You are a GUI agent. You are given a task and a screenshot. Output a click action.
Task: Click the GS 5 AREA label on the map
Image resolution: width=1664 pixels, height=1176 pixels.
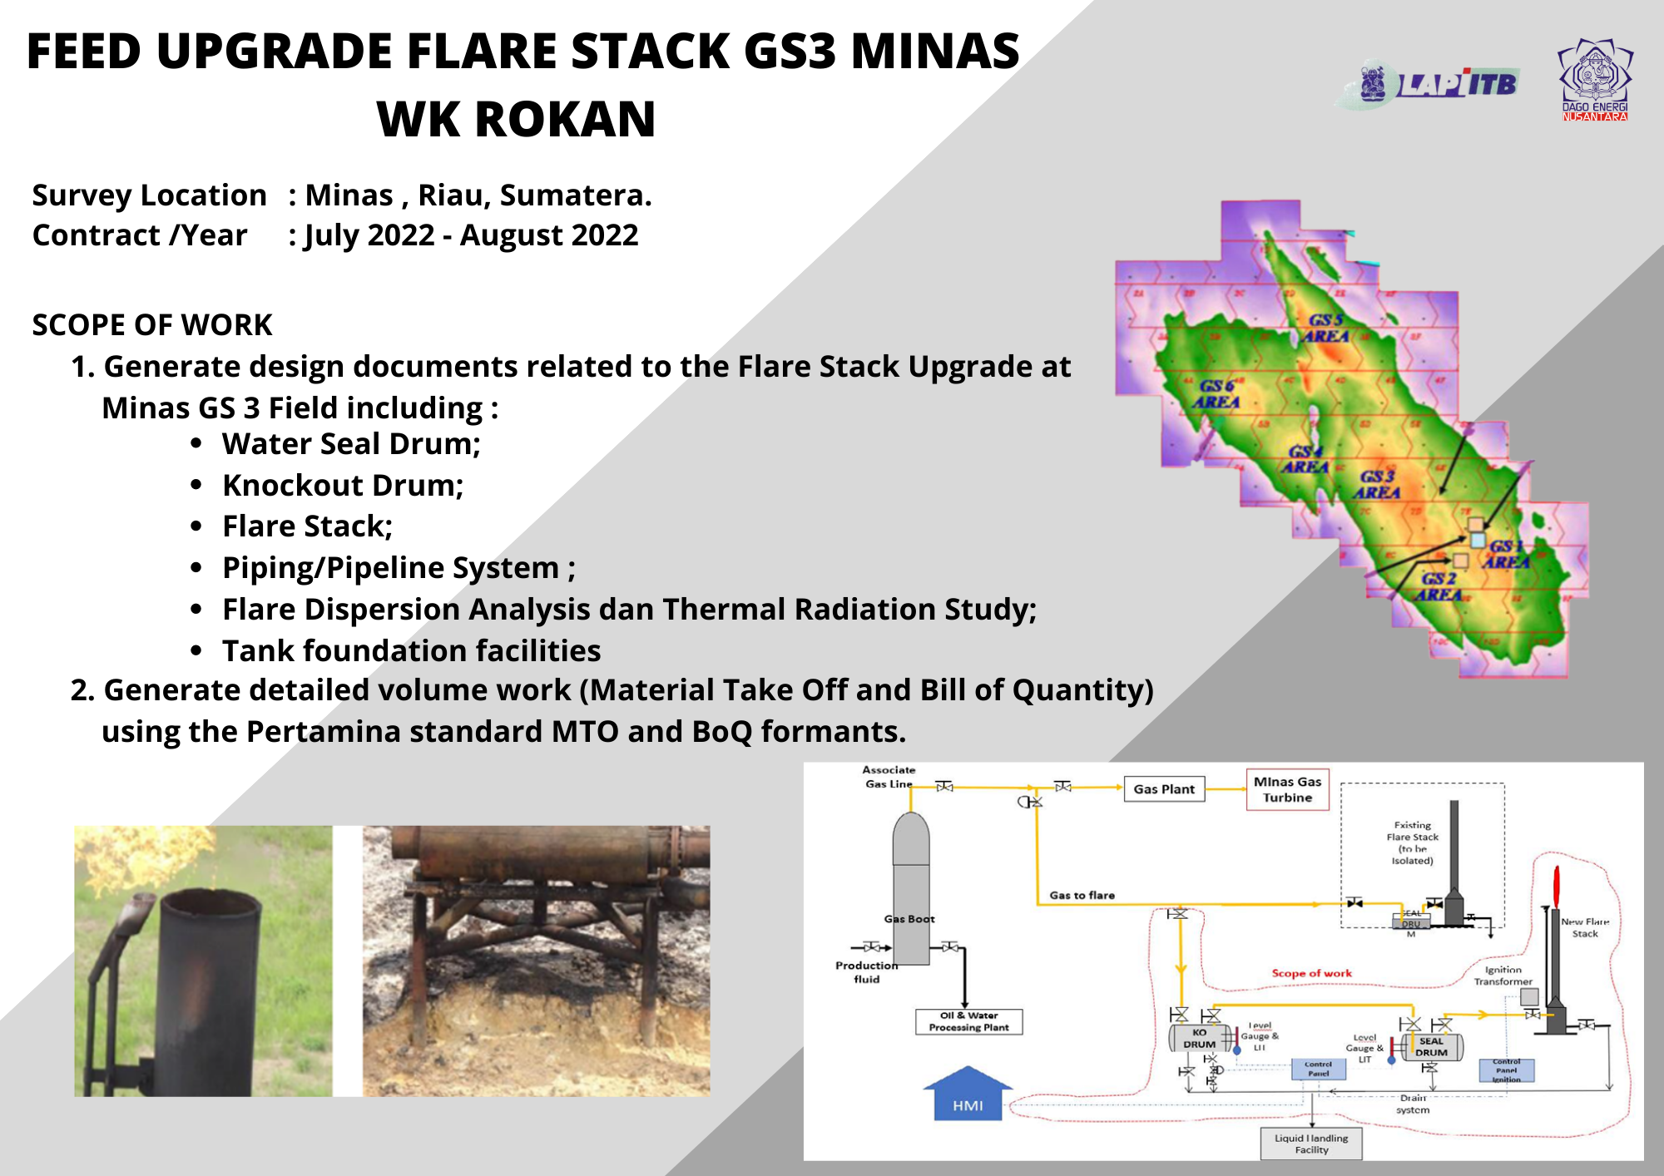tap(1326, 328)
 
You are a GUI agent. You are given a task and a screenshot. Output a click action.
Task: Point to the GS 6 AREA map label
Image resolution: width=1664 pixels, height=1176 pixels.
tap(1216, 394)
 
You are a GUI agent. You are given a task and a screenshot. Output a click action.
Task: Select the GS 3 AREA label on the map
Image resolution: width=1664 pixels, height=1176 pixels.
tap(1377, 484)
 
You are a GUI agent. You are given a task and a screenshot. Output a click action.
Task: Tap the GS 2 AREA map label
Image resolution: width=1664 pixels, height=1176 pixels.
tap(1439, 586)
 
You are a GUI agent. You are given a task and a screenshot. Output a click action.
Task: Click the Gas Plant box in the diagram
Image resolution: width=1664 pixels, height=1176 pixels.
tap(1163, 789)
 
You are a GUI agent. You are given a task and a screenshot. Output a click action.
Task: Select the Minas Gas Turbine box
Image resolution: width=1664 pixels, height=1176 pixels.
tap(1287, 789)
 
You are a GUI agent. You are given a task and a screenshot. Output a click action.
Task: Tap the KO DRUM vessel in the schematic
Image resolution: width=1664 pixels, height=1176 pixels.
tap(1199, 1038)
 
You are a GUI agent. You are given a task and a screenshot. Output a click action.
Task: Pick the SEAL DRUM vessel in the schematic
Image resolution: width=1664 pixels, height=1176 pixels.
tap(1431, 1046)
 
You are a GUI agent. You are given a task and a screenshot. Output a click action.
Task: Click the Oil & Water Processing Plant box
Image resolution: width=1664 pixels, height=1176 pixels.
tap(968, 1021)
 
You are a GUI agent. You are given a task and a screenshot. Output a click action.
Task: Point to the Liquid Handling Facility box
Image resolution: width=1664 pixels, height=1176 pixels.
tap(1311, 1144)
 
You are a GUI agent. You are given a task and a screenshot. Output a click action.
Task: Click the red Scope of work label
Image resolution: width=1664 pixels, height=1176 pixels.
tap(1311, 973)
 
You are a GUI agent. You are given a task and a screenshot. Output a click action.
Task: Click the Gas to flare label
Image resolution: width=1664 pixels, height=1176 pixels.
tap(1082, 896)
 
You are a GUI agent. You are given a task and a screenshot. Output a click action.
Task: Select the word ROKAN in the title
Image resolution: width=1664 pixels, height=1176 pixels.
tap(564, 119)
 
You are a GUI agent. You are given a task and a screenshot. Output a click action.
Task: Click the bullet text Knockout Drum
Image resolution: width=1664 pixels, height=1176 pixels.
tap(342, 485)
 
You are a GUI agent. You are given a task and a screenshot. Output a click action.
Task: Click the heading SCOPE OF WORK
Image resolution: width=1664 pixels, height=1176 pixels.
tap(152, 324)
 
